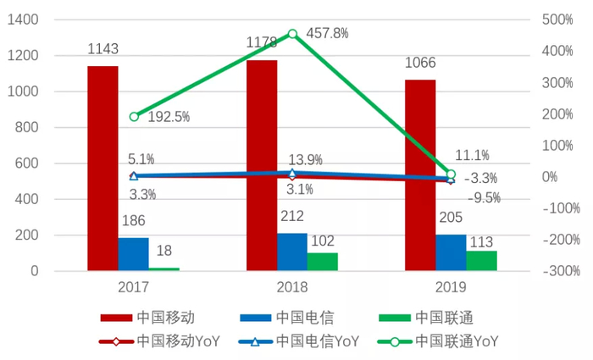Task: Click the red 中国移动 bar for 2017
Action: tap(103, 169)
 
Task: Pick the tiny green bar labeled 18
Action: tap(164, 269)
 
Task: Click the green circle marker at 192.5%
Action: tap(134, 116)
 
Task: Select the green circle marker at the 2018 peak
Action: tap(292, 34)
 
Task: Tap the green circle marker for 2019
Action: tap(451, 174)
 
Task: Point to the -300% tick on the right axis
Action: tap(560, 271)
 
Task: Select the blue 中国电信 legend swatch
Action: tap(254, 318)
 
